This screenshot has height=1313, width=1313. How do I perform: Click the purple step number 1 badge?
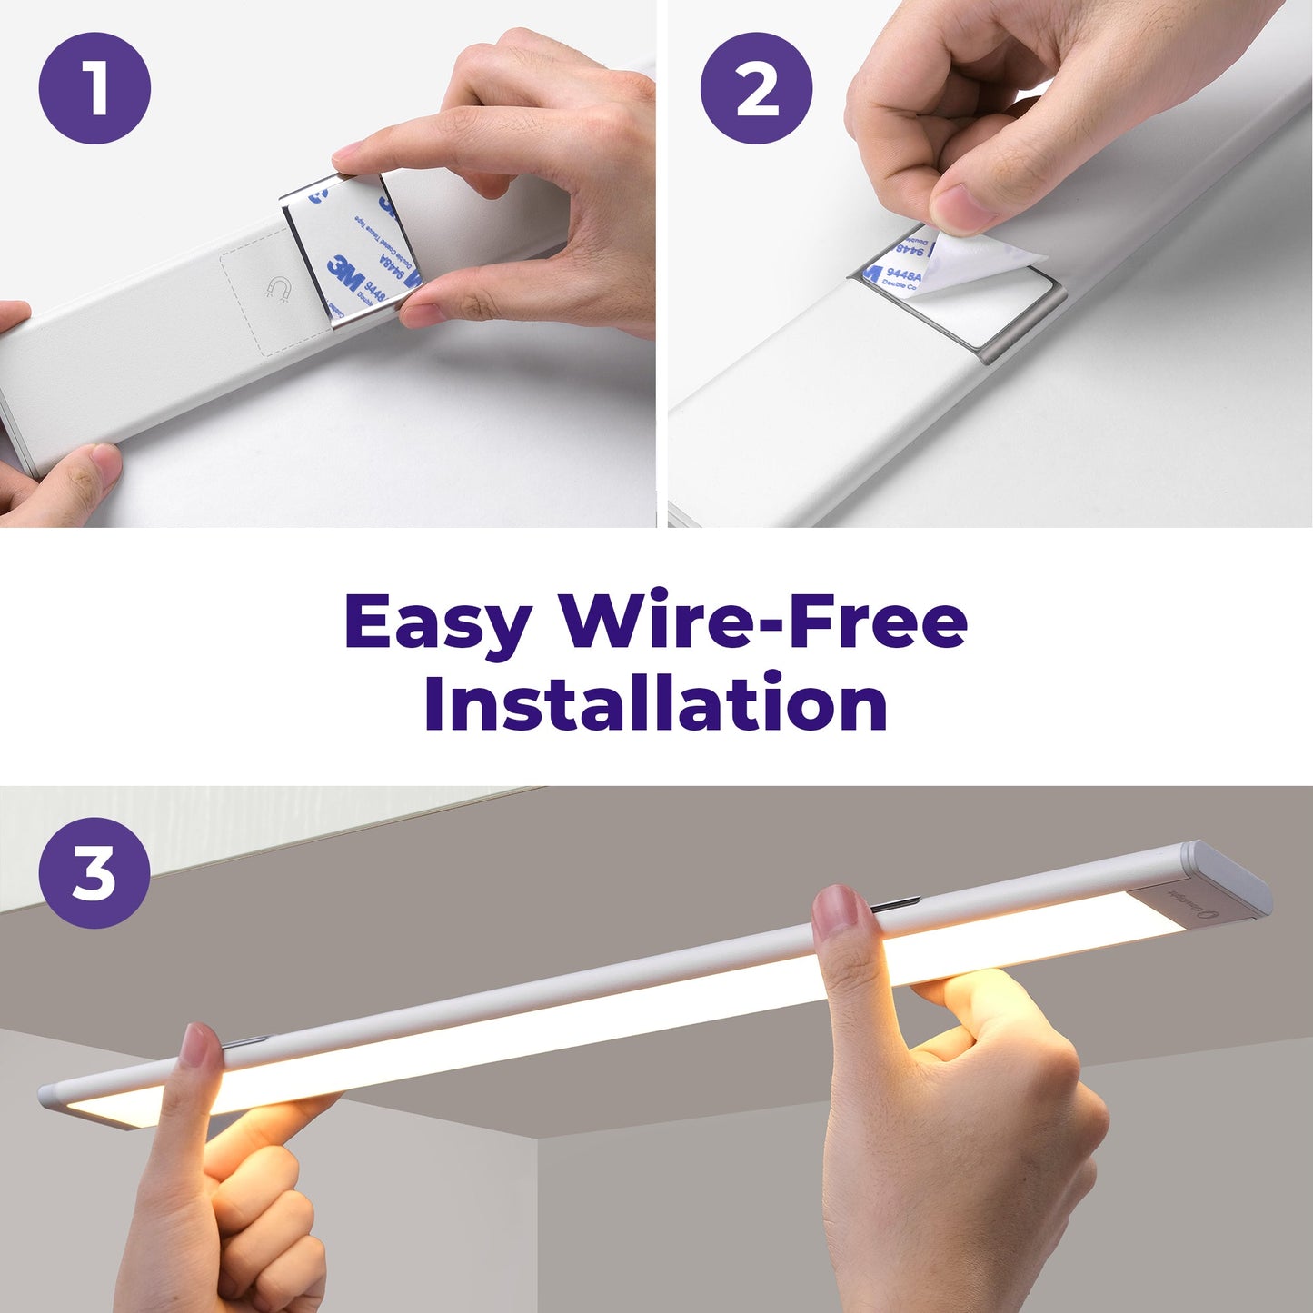click(94, 88)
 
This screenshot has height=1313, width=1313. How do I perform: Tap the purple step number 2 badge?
click(756, 88)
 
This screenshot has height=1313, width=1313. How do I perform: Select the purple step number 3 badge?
click(94, 872)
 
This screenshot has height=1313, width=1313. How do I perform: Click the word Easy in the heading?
click(437, 623)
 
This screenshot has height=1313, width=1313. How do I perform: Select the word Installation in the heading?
click(655, 703)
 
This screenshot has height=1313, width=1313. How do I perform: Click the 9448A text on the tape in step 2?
click(904, 274)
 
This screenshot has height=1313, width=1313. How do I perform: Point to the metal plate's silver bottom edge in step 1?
click(363, 318)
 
